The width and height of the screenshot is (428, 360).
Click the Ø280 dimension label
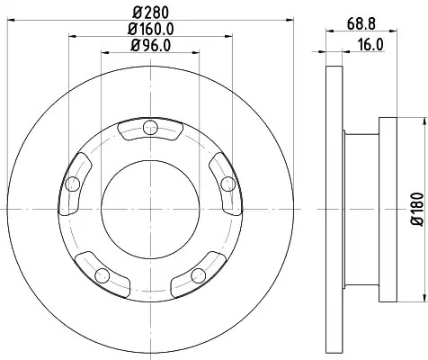(151, 13)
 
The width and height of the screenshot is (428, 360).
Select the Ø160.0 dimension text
(151, 29)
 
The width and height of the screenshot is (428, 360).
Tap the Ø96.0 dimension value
(151, 46)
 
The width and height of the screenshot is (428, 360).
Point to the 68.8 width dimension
(361, 24)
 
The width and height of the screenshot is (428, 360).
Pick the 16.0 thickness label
(370, 45)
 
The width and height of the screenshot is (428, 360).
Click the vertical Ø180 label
(417, 209)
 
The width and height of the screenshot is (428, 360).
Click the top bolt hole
(150, 128)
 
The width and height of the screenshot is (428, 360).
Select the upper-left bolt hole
(73, 184)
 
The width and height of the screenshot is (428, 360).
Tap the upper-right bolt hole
(228, 184)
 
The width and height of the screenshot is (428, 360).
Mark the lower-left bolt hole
(103, 275)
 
